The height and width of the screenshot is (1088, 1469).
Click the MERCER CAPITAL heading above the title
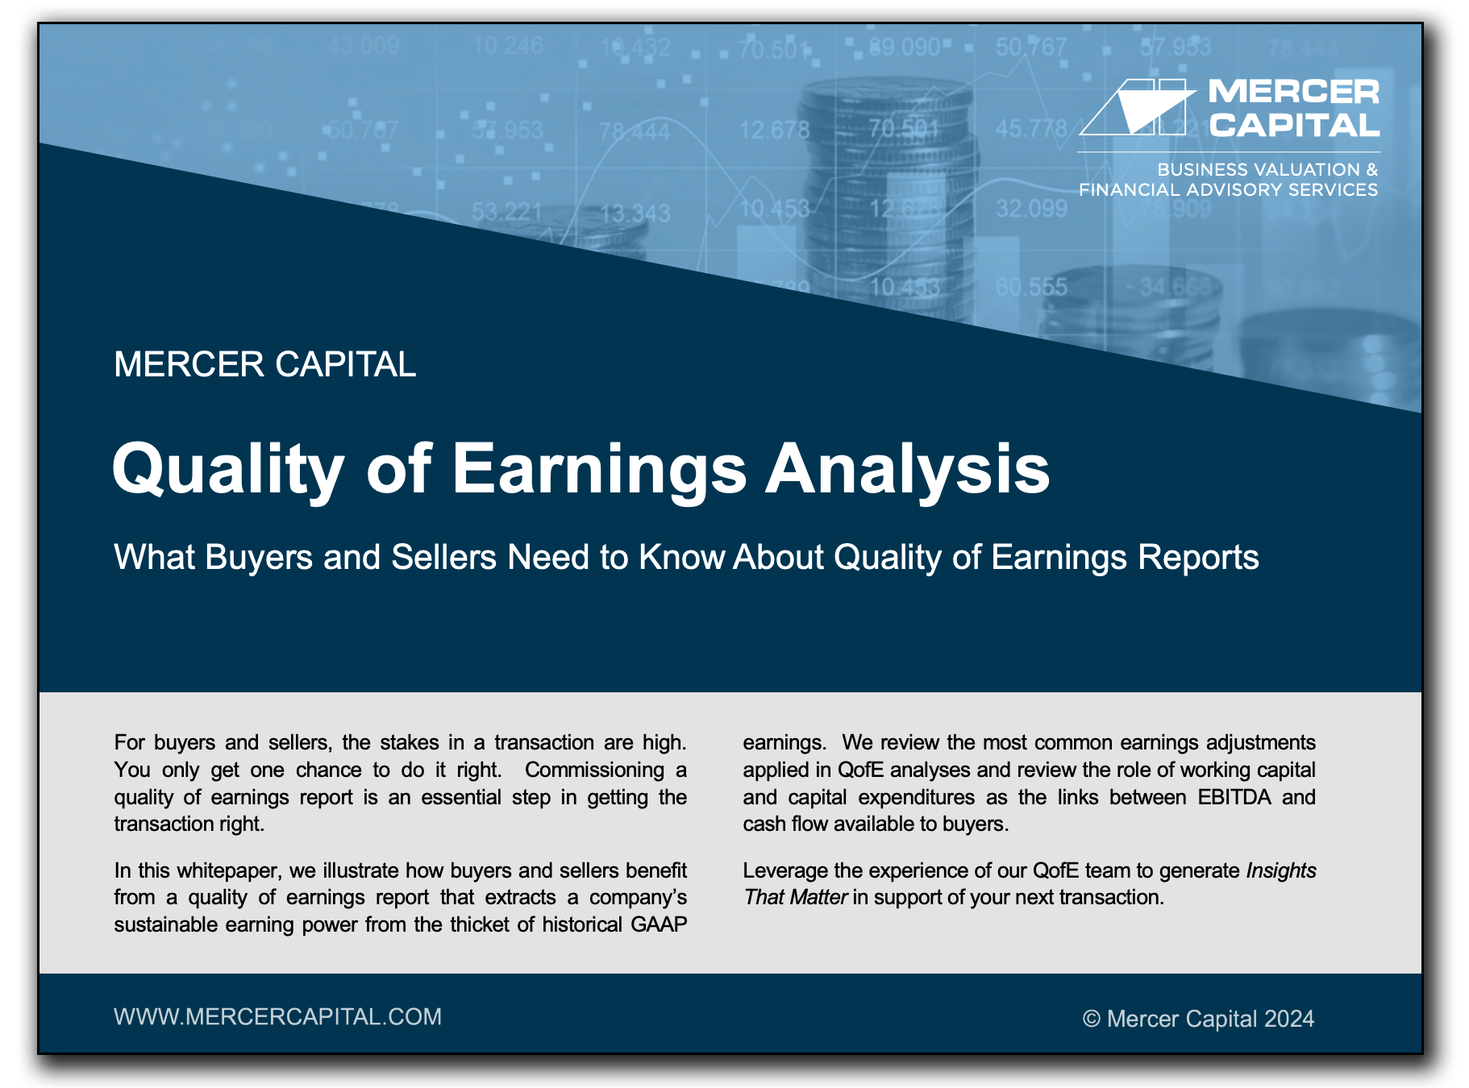265,364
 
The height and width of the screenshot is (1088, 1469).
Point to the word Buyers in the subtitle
259,557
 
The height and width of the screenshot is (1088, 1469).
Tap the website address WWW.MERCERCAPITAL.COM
278,1017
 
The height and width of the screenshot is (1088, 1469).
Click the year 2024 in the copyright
1289,1019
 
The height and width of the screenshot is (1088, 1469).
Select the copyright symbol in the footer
1092,1019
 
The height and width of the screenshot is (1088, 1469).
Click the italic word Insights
1281,870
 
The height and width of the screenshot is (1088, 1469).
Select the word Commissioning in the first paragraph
595,770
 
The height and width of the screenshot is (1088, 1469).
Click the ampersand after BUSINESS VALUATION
1371,169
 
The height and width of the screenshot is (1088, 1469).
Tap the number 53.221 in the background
507,212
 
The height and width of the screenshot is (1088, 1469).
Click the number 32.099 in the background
1031,209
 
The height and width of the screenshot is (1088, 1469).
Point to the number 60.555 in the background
1031,286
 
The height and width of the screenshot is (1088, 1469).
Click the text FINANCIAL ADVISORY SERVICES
1229,189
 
